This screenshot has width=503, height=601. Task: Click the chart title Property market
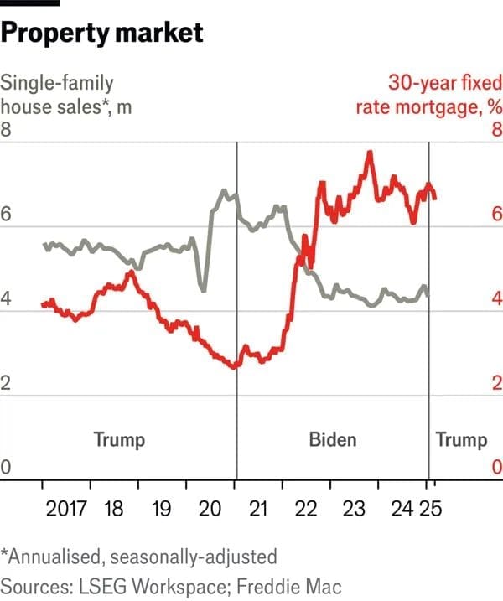(102, 33)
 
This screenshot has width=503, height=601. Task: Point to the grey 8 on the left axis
(8, 131)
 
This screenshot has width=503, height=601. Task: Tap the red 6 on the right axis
(495, 215)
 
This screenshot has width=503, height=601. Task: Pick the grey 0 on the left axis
(8, 468)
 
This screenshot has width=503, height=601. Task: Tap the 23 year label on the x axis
(354, 509)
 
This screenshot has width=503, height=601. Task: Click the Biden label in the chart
(333, 439)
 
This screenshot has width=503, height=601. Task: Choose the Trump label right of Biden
(461, 439)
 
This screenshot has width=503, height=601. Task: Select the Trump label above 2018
(119, 439)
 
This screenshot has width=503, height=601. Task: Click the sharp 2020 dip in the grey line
(202, 290)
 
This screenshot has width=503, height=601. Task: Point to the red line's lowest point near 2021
(234, 367)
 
